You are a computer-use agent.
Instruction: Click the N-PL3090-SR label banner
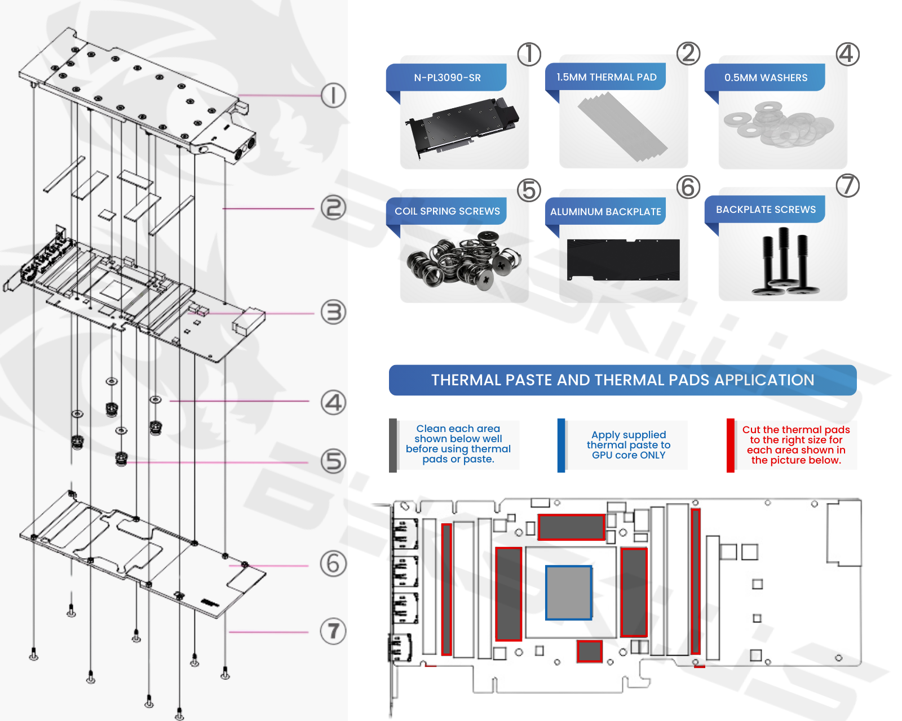tap(447, 78)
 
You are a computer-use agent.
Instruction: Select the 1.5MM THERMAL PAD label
tap(606, 77)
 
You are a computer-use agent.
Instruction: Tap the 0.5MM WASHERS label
tap(766, 78)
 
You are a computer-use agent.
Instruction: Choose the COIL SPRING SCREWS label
tap(447, 211)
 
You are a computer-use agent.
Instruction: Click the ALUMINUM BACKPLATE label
tap(605, 212)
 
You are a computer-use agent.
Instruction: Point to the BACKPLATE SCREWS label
tap(766, 210)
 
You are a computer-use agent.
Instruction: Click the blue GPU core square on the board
tap(569, 593)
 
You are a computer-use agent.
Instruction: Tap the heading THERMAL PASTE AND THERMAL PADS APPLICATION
tap(622, 380)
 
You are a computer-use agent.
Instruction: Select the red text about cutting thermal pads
tap(795, 445)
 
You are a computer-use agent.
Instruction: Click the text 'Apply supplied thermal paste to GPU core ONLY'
tap(629, 445)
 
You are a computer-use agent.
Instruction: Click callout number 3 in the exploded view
tap(333, 313)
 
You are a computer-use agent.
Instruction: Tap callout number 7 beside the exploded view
tap(333, 631)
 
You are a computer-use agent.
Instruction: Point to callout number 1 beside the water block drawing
tap(333, 95)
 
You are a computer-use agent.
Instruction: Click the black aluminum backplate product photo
tap(623, 260)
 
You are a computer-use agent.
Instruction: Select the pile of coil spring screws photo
tap(463, 260)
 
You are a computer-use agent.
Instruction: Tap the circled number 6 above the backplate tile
tap(688, 187)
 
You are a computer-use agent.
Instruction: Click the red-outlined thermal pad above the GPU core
tap(571, 527)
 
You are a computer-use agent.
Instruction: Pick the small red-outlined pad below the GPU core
tap(590, 651)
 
